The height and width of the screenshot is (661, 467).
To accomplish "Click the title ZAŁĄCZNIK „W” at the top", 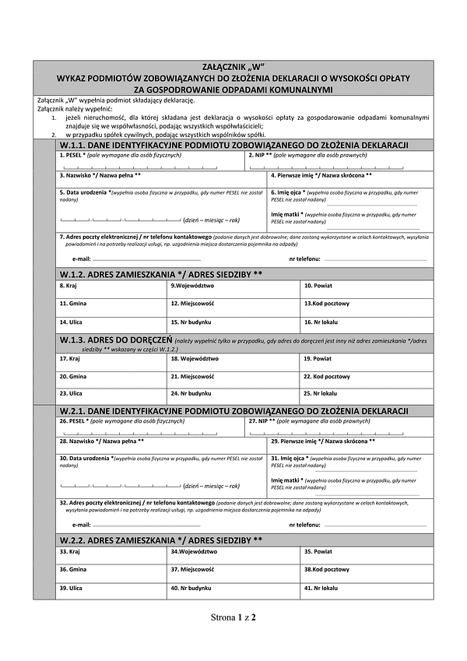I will pyautogui.click(x=233, y=68).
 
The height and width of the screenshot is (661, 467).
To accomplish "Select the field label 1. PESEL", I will pyautogui.click(x=72, y=156).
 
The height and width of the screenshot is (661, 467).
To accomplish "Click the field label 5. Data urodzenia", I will pyautogui.click(x=85, y=192).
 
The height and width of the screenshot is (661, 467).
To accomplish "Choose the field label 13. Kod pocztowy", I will pyautogui.click(x=326, y=304).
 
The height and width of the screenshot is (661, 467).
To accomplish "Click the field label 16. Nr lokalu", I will pyautogui.click(x=320, y=321).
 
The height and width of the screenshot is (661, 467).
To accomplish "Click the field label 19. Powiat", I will pyautogui.click(x=318, y=359).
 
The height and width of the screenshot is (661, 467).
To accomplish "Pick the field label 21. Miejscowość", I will pyautogui.click(x=191, y=376).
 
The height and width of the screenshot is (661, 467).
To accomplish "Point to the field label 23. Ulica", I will pyautogui.click(x=70, y=393).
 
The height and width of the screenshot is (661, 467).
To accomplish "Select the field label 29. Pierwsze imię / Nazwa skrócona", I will pyautogui.click(x=323, y=441).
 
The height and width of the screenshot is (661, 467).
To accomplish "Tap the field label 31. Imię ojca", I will pyautogui.click(x=287, y=459).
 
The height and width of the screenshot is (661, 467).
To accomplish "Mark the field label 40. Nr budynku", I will pyautogui.click(x=190, y=588).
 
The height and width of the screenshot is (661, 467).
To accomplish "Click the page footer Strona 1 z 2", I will pyautogui.click(x=233, y=617).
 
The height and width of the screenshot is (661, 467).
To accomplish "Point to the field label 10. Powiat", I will pyautogui.click(x=318, y=287).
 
